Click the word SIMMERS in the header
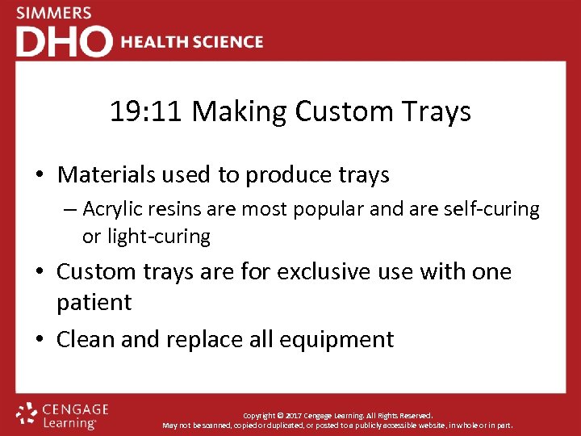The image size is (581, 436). coord(54,14)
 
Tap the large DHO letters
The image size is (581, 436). coord(65,42)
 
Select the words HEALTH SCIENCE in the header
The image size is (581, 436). coord(192,42)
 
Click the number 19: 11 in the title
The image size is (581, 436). coord(148,111)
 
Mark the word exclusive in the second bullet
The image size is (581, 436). coord(332,271)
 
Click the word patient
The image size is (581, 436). coord(94,302)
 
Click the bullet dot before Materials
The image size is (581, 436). coord(39,175)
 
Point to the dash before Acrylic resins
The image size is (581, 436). coord(69,210)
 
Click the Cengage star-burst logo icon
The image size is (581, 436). coord(27,413)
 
